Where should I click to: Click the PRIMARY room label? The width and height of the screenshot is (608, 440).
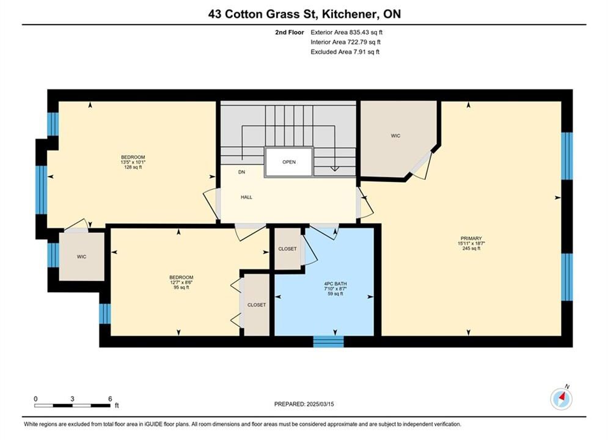471,238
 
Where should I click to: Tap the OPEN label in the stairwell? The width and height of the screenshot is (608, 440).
289,162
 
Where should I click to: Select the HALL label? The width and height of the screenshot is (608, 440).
246,197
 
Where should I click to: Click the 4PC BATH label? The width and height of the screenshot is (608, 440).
335,284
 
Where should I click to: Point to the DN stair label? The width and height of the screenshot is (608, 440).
241,172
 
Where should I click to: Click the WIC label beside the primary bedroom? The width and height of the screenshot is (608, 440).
395,136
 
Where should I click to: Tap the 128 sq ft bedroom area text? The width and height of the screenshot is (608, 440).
133,167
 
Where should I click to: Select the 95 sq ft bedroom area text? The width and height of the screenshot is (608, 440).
181,288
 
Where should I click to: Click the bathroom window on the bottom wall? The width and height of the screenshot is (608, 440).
328,341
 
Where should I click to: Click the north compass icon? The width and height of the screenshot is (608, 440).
561,398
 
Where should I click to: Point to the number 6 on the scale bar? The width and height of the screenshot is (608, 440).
110,398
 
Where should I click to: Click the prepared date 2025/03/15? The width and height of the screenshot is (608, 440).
320,404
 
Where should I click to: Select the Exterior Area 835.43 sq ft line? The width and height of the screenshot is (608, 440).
346,32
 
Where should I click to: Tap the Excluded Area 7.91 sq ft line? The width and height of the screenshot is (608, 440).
345,51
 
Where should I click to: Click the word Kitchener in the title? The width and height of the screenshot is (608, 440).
350,14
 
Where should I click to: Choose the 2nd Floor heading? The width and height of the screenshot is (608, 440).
290,32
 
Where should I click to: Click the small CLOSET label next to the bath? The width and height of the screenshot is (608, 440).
287,249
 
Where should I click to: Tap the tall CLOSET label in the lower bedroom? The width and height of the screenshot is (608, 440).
257,305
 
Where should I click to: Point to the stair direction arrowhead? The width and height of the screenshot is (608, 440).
334,169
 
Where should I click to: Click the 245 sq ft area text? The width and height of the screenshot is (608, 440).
471,249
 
